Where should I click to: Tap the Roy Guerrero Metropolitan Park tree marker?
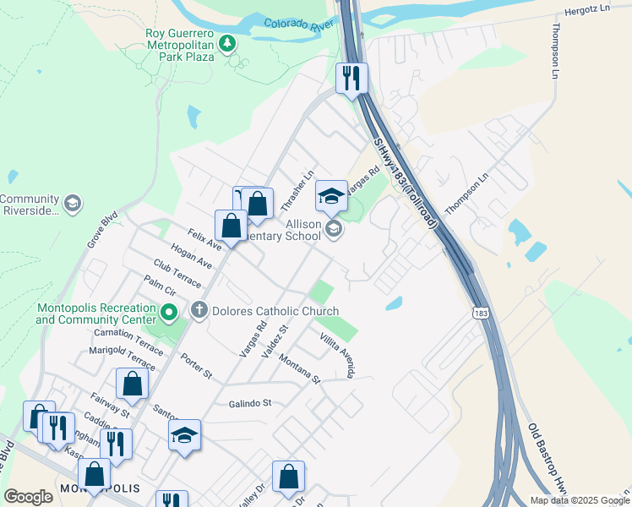226,42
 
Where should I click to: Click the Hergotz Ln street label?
586,14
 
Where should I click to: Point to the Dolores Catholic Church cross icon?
199,310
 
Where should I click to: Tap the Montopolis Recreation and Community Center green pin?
168,314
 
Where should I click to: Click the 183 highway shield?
479,313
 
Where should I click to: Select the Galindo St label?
249,404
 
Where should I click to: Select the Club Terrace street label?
177,272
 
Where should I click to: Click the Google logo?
28,497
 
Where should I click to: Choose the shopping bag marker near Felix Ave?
231,226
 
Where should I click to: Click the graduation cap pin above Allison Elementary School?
331,197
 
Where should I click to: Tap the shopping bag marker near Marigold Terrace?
133,384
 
